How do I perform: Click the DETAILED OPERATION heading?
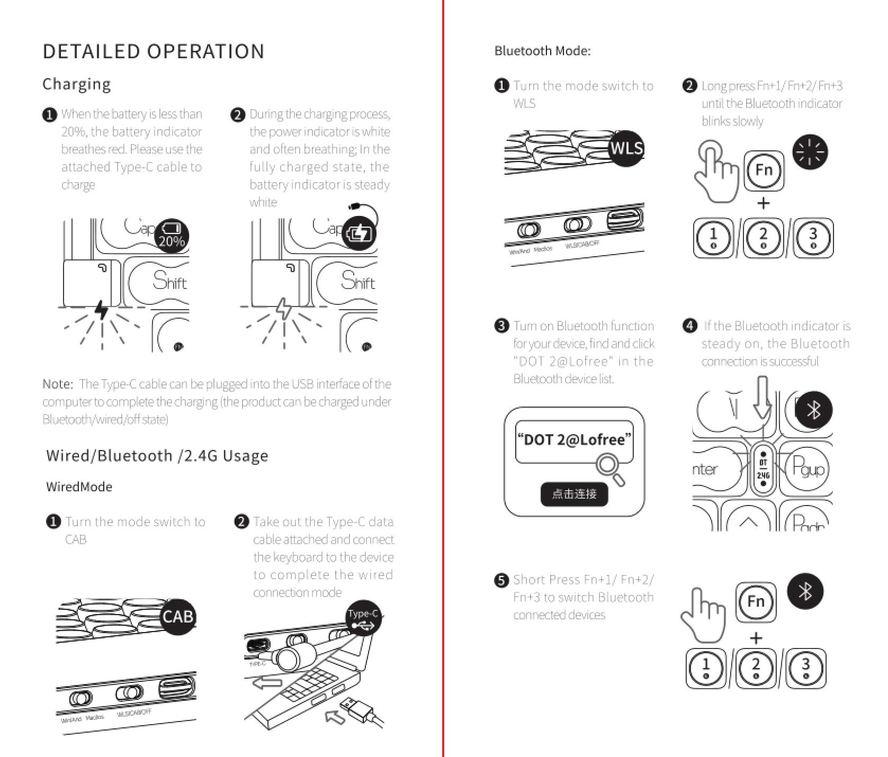153,51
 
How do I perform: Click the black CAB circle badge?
178,617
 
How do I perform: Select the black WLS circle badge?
626,148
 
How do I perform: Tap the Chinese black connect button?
574,494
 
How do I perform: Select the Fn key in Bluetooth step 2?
764,170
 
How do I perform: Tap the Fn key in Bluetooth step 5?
756,602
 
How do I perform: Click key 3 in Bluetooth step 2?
813,238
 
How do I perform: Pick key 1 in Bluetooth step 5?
706,668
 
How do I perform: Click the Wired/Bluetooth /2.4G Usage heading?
157,456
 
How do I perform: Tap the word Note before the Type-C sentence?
57,384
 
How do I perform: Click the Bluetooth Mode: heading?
542,51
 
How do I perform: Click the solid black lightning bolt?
101,310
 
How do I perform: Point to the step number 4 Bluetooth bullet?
689,326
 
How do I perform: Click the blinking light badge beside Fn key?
810,152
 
